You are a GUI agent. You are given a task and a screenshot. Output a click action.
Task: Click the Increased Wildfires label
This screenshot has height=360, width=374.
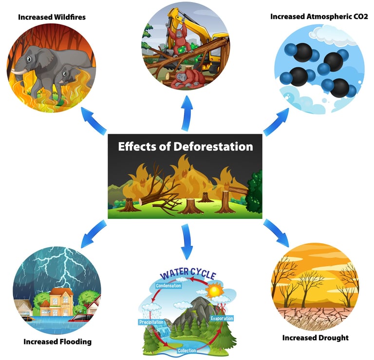[52, 17]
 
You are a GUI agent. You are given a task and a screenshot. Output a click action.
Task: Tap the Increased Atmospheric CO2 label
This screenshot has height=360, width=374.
[319, 17]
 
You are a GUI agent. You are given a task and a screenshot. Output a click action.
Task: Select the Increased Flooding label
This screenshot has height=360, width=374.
[57, 341]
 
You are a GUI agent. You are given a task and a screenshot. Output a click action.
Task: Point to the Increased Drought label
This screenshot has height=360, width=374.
[315, 337]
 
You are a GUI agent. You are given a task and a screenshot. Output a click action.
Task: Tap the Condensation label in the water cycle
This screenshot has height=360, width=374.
[168, 286]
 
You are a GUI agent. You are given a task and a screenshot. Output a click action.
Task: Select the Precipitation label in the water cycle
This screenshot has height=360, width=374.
[151, 322]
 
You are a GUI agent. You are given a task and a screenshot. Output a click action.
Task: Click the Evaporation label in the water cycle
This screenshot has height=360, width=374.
[222, 318]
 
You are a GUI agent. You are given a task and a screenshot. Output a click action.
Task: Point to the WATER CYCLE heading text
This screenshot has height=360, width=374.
[187, 275]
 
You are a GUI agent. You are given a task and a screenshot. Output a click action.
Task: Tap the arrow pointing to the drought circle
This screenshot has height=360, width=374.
[277, 233]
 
